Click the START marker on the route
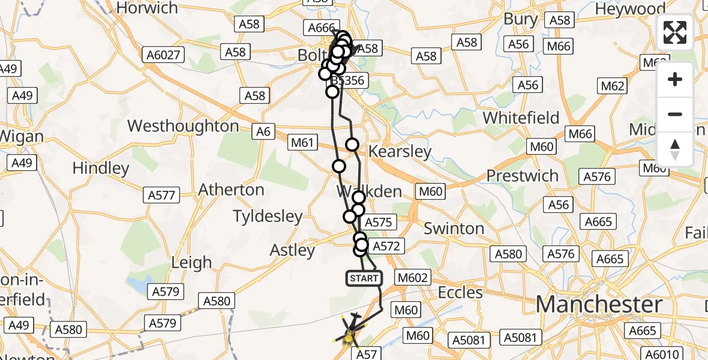tap(364, 278)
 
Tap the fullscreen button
tap(675, 32)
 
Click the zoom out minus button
tap(675, 114)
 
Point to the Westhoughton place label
tap(183, 127)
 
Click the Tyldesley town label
tap(268, 216)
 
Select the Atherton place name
tap(231, 190)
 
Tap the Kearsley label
tap(400, 151)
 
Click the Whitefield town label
tap(521, 118)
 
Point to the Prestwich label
tap(522, 176)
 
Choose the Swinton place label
tap(454, 229)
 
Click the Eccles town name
tap(461, 293)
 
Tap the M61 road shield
tap(302, 142)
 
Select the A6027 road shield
tap(163, 55)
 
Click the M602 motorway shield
tap(413, 278)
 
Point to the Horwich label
tap(147, 8)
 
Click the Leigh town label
tap(191, 262)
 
